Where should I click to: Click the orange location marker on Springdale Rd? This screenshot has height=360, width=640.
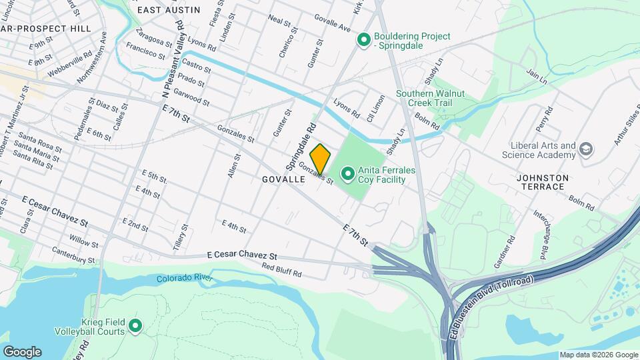click(x=320, y=158)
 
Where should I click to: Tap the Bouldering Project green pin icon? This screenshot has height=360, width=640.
click(x=364, y=41)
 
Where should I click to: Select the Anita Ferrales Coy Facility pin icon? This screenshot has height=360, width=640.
click(x=347, y=175)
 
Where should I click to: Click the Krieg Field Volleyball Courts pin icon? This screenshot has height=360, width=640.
click(x=135, y=326)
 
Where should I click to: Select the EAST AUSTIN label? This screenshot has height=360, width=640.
click(x=168, y=10)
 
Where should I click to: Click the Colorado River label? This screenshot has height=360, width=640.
click(x=184, y=278)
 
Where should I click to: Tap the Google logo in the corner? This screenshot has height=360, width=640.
click(x=22, y=352)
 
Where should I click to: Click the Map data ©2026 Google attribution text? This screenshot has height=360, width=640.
click(x=598, y=355)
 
